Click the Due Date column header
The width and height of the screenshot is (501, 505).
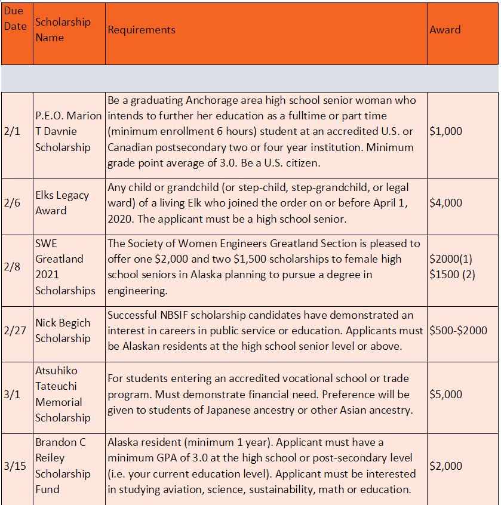pyautogui.click(x=16, y=19)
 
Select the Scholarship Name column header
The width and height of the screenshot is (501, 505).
pyautogui.click(x=63, y=30)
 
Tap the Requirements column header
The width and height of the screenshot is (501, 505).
pyautogui.click(x=142, y=30)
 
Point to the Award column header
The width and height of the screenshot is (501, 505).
pyautogui.click(x=445, y=30)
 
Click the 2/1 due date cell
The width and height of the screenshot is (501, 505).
pyautogui.click(x=12, y=131)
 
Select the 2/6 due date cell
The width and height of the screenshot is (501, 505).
pyautogui.click(x=12, y=203)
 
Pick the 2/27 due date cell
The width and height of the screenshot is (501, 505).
pyautogui.click(x=14, y=331)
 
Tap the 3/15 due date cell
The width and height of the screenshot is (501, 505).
pyautogui.click(x=14, y=466)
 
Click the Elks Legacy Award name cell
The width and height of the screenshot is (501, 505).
pyautogui.click(x=62, y=203)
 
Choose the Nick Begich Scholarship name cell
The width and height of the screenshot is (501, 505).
pyautogui.click(x=63, y=331)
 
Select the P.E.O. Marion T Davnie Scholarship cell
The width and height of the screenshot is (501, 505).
pyautogui.click(x=68, y=131)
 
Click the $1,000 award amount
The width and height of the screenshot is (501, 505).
pyautogui.click(x=445, y=131)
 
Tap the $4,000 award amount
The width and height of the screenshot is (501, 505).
pyautogui.click(x=445, y=203)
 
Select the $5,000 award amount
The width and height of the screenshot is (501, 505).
pyautogui.click(x=445, y=395)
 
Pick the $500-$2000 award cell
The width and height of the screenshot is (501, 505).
pyautogui.click(x=458, y=331)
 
